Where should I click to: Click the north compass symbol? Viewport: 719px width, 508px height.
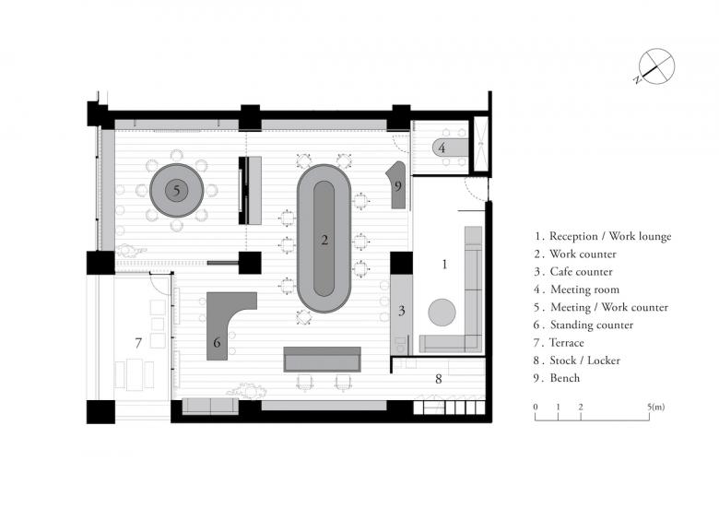point(656,67)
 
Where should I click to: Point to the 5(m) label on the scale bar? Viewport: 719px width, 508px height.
point(656,407)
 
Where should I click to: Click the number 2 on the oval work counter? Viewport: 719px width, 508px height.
point(324,240)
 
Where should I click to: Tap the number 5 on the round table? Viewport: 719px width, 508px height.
point(177,189)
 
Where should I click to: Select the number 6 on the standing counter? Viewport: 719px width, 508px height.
point(217,342)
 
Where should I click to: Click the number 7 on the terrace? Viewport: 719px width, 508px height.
point(138,343)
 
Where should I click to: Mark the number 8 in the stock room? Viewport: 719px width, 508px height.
point(439,379)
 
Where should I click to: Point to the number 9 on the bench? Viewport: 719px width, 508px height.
point(397,186)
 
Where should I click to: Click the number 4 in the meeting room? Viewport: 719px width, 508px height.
point(442,148)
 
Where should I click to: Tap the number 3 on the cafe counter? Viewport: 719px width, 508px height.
point(402,311)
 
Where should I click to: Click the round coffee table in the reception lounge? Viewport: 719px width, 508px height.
point(442,313)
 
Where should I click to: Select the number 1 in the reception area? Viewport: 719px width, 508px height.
point(444,264)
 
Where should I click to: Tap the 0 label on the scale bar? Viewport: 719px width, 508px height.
point(536,407)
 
